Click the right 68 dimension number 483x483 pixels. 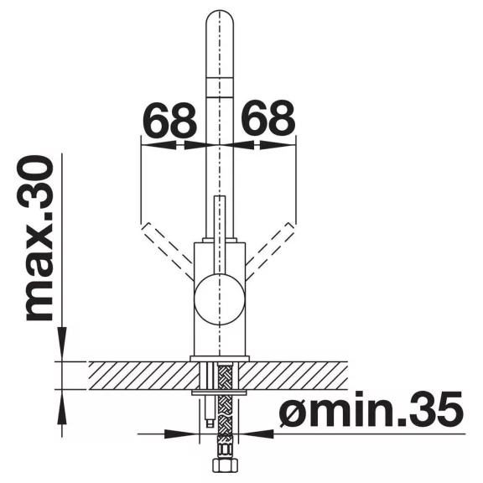pyautogui.click(x=268, y=119)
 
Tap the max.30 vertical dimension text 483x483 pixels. pyautogui.click(x=39, y=239)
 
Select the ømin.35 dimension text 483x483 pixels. pyautogui.click(x=371, y=408)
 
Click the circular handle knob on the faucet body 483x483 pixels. pyautogui.click(x=220, y=299)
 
